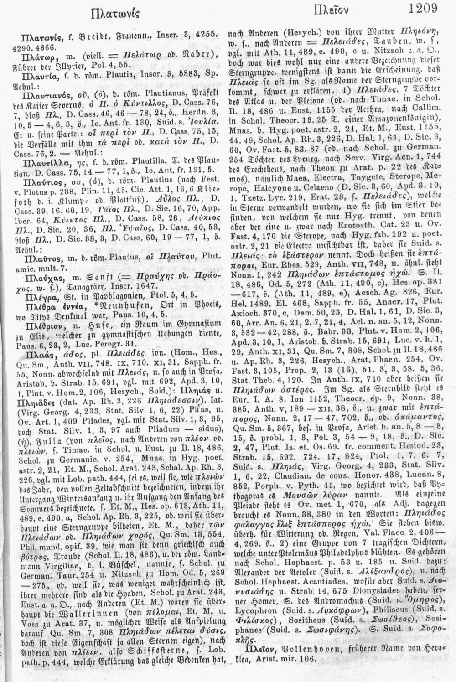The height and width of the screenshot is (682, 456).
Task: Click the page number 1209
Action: coord(424,9)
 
